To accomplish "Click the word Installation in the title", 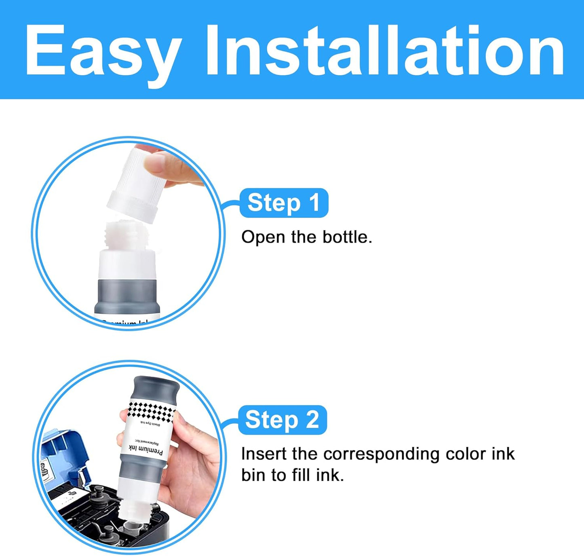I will click(x=384, y=51).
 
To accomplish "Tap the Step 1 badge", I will click(x=284, y=203).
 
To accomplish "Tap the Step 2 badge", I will click(x=282, y=420).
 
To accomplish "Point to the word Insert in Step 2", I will click(x=264, y=454).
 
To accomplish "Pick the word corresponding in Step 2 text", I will click(x=381, y=454).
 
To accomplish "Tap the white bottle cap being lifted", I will click(x=135, y=184).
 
